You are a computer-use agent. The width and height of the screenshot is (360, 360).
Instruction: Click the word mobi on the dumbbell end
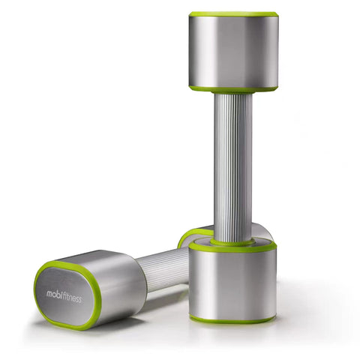(x=54, y=294)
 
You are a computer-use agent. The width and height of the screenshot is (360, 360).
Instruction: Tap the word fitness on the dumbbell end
(x=72, y=298)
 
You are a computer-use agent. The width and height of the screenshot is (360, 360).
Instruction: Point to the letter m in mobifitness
(x=49, y=293)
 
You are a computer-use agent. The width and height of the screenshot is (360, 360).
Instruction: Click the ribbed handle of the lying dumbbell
(x=163, y=270)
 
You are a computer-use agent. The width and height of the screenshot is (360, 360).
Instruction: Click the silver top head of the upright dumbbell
(x=233, y=51)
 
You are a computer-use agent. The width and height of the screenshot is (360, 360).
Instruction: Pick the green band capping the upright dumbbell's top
(x=233, y=14)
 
